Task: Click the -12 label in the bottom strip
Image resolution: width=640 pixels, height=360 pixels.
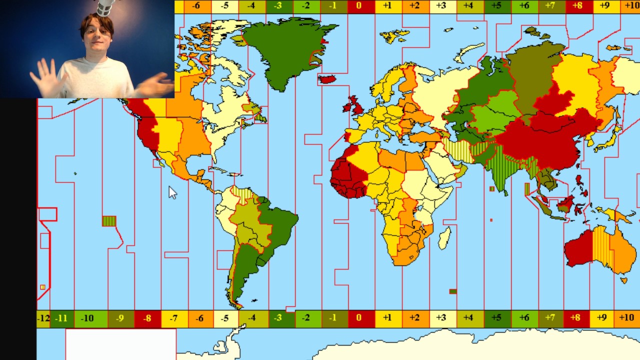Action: pyautogui.click(x=43, y=318)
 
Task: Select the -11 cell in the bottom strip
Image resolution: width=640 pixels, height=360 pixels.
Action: pyautogui.click(x=61, y=318)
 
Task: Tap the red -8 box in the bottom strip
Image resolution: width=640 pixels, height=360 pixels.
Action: pyautogui.click(x=147, y=318)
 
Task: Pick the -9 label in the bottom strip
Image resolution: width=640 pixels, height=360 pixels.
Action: pyautogui.click(x=120, y=318)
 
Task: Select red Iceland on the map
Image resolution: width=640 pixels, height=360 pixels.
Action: pyautogui.click(x=327, y=79)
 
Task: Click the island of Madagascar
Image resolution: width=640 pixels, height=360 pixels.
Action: pyautogui.click(x=444, y=238)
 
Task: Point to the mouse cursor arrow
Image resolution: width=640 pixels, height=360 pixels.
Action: pyautogui.click(x=171, y=192)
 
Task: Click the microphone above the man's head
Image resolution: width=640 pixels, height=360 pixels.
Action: pyautogui.click(x=105, y=7)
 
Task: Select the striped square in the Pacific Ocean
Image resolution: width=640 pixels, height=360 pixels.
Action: pyautogui.click(x=109, y=221)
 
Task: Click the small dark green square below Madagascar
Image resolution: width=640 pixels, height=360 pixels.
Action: pyautogui.click(x=452, y=291)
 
